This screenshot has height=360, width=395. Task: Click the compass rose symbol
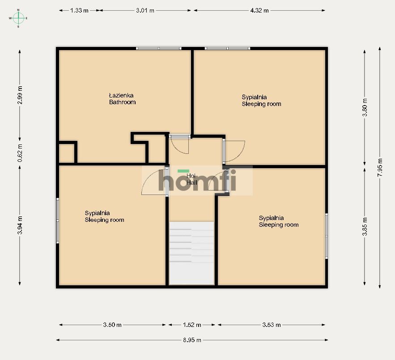pos(18,18)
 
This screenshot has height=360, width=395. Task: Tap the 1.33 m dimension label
pos(79,11)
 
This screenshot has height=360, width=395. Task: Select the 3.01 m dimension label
pos(145,11)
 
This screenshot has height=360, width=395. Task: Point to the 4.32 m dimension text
pos(259,11)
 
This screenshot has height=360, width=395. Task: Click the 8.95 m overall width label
pos(192,340)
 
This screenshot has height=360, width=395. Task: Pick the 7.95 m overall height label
pos(380,167)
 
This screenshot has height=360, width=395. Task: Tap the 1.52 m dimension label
pos(192,325)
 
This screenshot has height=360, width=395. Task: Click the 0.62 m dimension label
pos(20,153)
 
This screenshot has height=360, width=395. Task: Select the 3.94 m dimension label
pos(20,225)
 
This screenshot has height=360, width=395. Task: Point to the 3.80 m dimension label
pos(365,107)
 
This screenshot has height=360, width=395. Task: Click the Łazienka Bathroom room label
pos(123,99)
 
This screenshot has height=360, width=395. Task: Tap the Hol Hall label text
pos(191,179)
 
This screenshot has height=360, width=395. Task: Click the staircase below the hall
pos(191,253)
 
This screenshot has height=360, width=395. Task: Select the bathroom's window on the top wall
pos(159,48)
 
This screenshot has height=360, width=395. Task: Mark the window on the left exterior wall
pos(57,220)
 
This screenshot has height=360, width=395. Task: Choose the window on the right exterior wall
pos(327,236)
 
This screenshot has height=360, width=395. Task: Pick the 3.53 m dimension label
pos(272,325)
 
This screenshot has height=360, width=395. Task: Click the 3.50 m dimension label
pos(112,325)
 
